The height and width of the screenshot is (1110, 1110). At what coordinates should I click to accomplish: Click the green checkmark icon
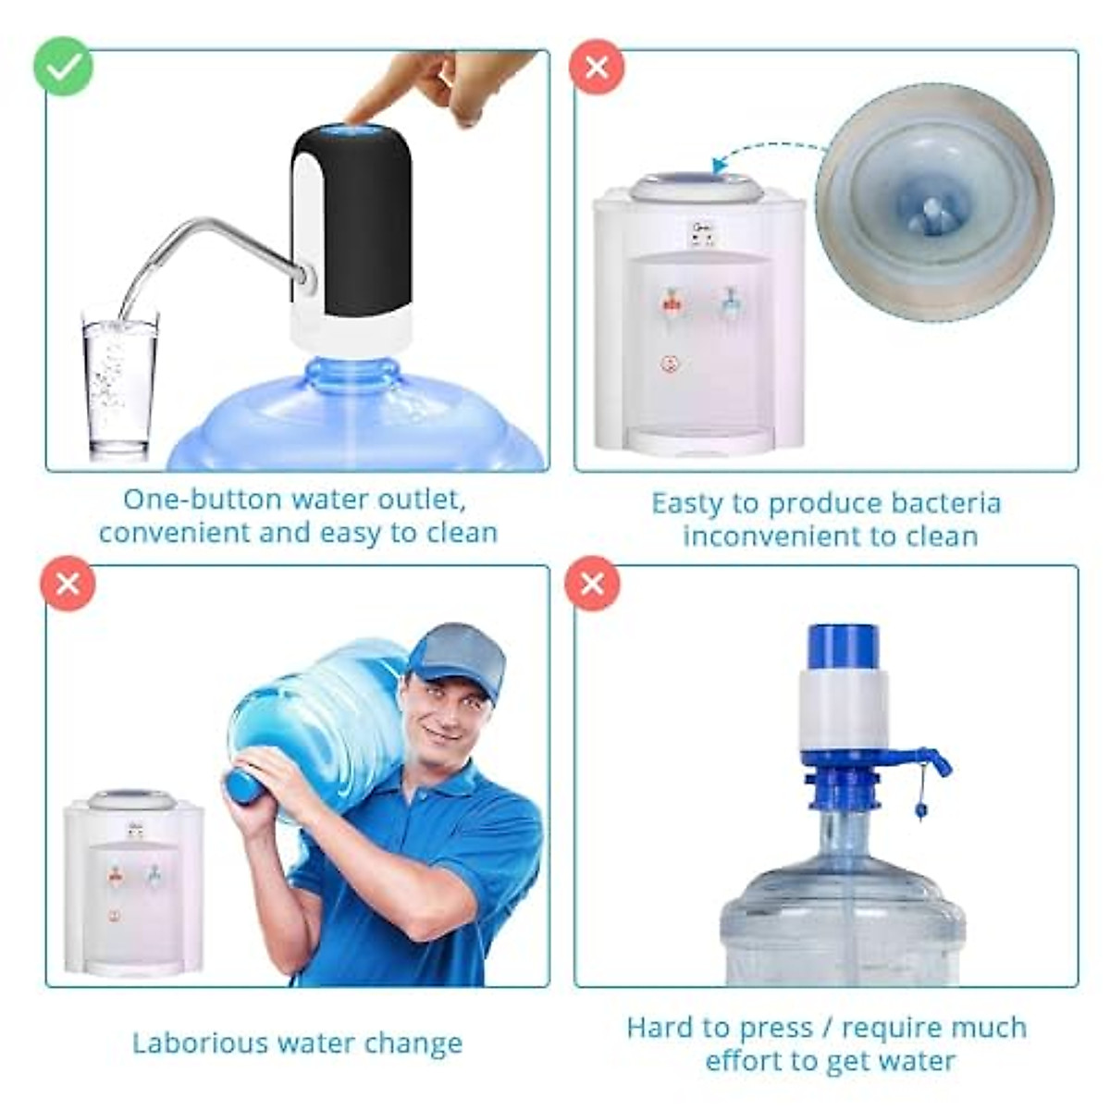63,66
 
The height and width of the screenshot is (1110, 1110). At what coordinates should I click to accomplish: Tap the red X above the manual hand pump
593,584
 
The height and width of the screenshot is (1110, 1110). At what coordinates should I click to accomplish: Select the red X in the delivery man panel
68,584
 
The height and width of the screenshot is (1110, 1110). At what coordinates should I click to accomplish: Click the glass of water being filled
119,384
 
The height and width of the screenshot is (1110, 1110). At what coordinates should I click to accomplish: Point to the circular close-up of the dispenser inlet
934,202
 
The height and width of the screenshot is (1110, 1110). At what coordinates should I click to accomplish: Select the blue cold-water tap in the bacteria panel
729,301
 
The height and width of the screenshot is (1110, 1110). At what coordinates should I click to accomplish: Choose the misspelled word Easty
688,504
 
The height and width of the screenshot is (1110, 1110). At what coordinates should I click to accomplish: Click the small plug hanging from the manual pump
921,811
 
